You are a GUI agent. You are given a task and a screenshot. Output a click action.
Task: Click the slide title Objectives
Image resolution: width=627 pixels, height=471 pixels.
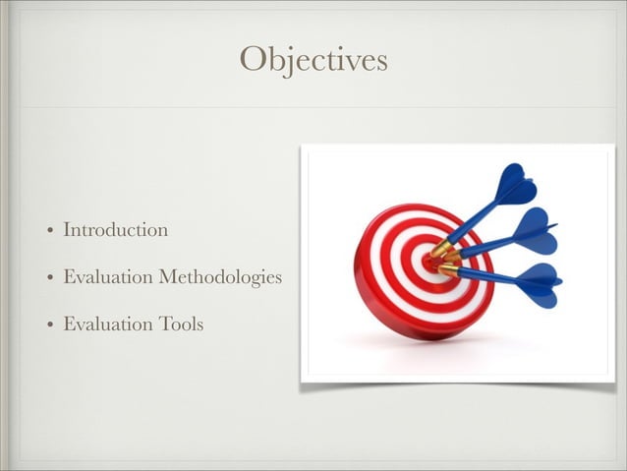tap(313, 60)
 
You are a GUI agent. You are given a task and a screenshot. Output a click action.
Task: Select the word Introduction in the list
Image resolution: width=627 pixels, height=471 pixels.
tap(115, 230)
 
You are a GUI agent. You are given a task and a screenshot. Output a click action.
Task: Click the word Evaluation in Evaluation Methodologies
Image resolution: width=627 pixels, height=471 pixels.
tap(106, 277)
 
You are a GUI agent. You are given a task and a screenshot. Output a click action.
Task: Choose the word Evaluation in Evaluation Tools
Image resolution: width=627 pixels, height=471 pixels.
tap(106, 324)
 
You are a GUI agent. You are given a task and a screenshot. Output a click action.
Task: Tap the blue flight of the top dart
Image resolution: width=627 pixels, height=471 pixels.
tap(515, 185)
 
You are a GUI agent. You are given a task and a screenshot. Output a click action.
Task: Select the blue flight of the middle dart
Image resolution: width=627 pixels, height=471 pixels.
tap(533, 231)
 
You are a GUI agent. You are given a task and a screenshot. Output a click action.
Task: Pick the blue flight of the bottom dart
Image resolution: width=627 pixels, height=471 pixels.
tap(539, 284)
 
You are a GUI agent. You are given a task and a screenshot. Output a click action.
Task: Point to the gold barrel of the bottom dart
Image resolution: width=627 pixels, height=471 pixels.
tap(448, 268)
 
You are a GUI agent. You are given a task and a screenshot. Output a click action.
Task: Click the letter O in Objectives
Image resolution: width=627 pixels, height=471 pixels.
tap(254, 60)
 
